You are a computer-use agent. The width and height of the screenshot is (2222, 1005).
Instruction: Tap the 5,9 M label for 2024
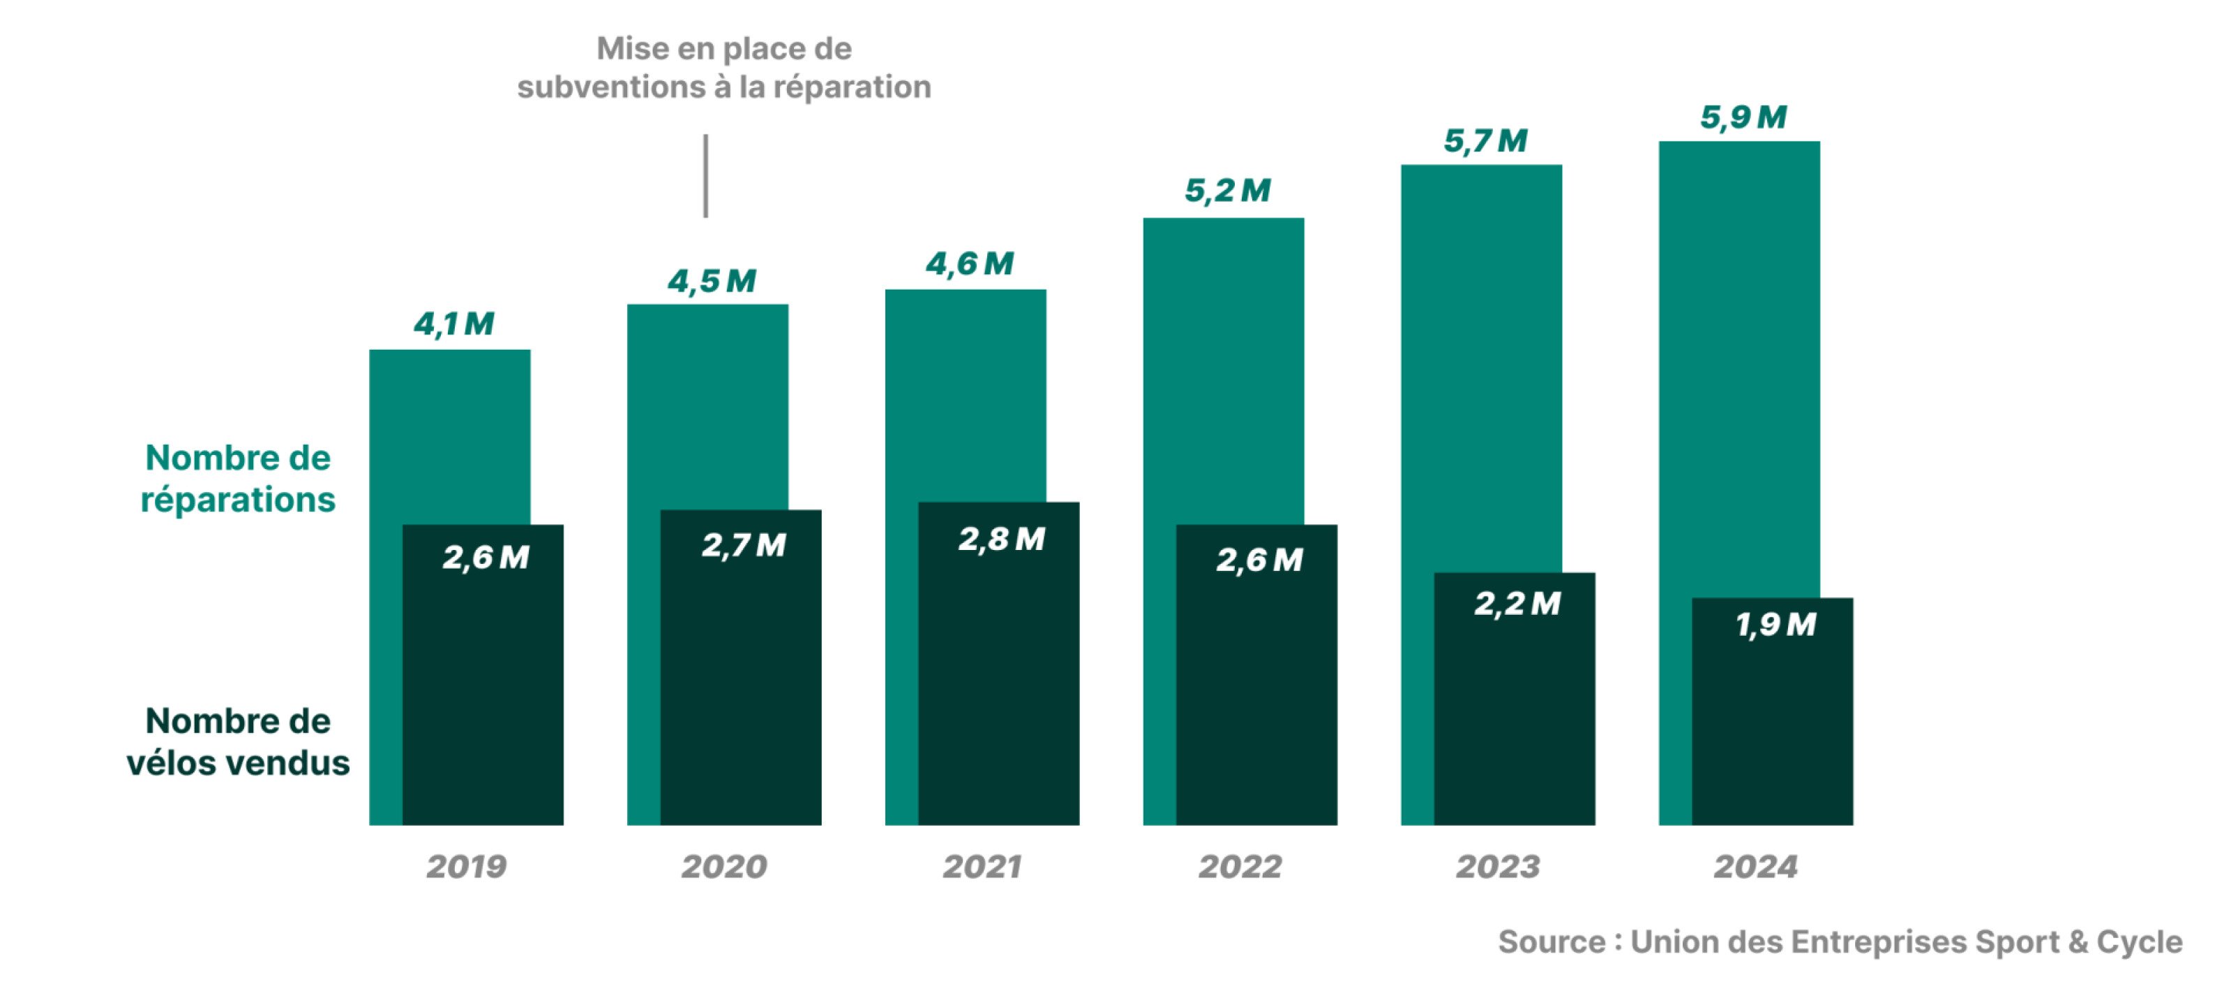click(1743, 117)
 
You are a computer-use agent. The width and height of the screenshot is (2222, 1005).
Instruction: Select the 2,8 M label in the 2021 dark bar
click(1001, 540)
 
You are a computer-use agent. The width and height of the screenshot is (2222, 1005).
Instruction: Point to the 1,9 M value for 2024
click(1776, 625)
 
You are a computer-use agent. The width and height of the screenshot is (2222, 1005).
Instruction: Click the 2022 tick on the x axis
click(1240, 866)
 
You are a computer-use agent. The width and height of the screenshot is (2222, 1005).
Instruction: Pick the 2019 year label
click(467, 866)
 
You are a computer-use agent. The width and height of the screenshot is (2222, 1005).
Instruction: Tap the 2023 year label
click(1497, 866)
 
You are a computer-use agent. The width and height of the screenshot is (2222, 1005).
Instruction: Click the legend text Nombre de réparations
click(238, 479)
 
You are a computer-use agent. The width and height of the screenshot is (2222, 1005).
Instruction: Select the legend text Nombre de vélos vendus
click(238, 742)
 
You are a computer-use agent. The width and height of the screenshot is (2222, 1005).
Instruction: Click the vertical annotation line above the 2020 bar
click(705, 176)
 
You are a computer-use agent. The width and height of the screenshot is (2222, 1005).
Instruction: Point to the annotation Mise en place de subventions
click(723, 67)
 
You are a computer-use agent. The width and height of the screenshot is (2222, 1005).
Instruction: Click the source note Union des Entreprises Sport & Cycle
click(1840, 942)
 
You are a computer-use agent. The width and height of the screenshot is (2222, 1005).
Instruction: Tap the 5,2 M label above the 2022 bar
click(1227, 191)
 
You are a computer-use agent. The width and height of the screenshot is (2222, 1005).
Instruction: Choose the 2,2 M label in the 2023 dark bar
click(1517, 604)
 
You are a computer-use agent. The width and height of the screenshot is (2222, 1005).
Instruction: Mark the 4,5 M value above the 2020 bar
click(712, 281)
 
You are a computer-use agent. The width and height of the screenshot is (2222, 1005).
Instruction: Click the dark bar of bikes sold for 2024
click(1773, 734)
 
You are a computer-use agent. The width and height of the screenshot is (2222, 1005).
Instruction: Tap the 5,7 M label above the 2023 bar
click(1485, 140)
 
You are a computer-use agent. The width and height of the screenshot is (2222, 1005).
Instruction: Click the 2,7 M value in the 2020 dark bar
click(744, 546)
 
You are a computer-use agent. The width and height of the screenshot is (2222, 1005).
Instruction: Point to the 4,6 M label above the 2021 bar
click(970, 264)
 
